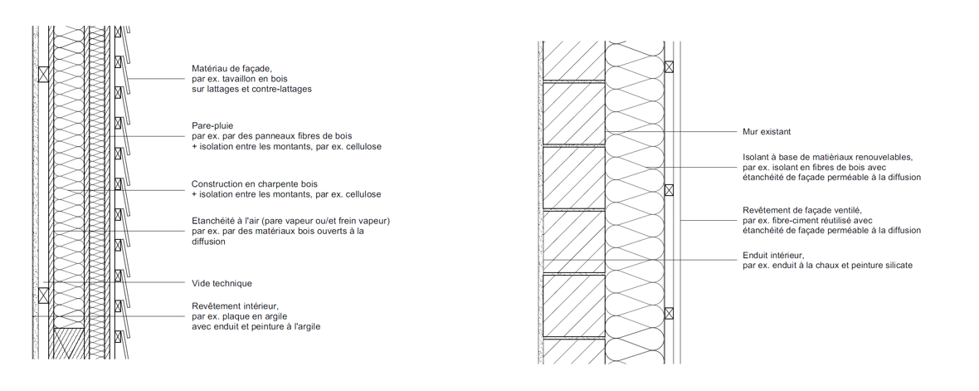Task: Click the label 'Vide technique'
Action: click(x=222, y=284)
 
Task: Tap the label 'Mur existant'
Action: click(x=767, y=132)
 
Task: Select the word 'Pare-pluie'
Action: click(x=212, y=125)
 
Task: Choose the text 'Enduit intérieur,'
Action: click(x=773, y=256)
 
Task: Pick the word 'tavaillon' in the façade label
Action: click(x=246, y=79)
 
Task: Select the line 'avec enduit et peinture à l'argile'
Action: click(x=256, y=326)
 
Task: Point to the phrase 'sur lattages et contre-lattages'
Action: click(x=251, y=89)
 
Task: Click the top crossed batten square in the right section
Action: click(x=669, y=67)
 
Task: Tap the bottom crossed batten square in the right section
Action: click(x=669, y=313)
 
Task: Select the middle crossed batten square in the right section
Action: click(x=669, y=190)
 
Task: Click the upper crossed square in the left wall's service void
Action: click(x=43, y=75)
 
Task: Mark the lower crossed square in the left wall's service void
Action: click(x=43, y=296)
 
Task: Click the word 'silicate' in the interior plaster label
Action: click(x=897, y=266)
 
